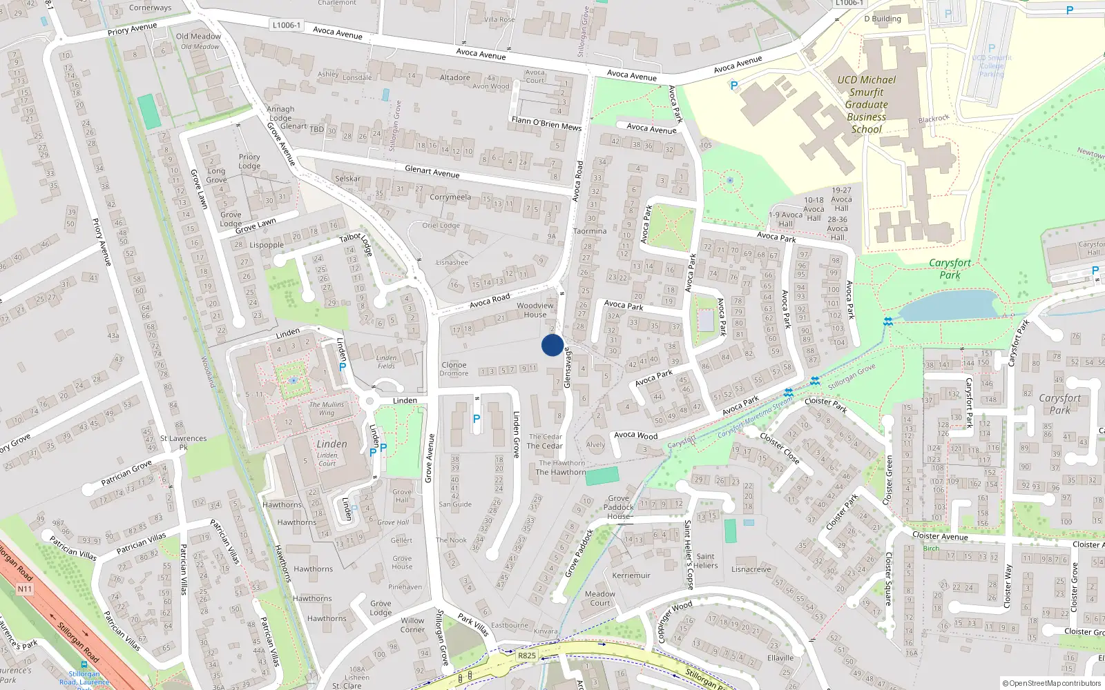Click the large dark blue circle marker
pos(552,345)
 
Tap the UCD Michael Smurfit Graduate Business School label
pos(867,104)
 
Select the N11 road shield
pos(25,589)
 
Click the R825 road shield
pos(526,655)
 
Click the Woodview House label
pos(535,310)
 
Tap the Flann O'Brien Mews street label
pos(546,124)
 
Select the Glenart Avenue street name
pos(432,171)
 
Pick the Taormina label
pos(590,231)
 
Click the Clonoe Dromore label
pos(454,369)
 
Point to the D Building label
pos(883,19)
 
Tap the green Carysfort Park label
pos(950,268)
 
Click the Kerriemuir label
pos(631,575)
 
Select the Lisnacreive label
pos(751,569)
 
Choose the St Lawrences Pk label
pos(183,442)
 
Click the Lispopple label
pos(267,245)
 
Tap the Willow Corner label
pos(412,624)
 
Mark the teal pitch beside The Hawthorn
pos(602,475)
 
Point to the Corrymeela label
pos(450,197)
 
